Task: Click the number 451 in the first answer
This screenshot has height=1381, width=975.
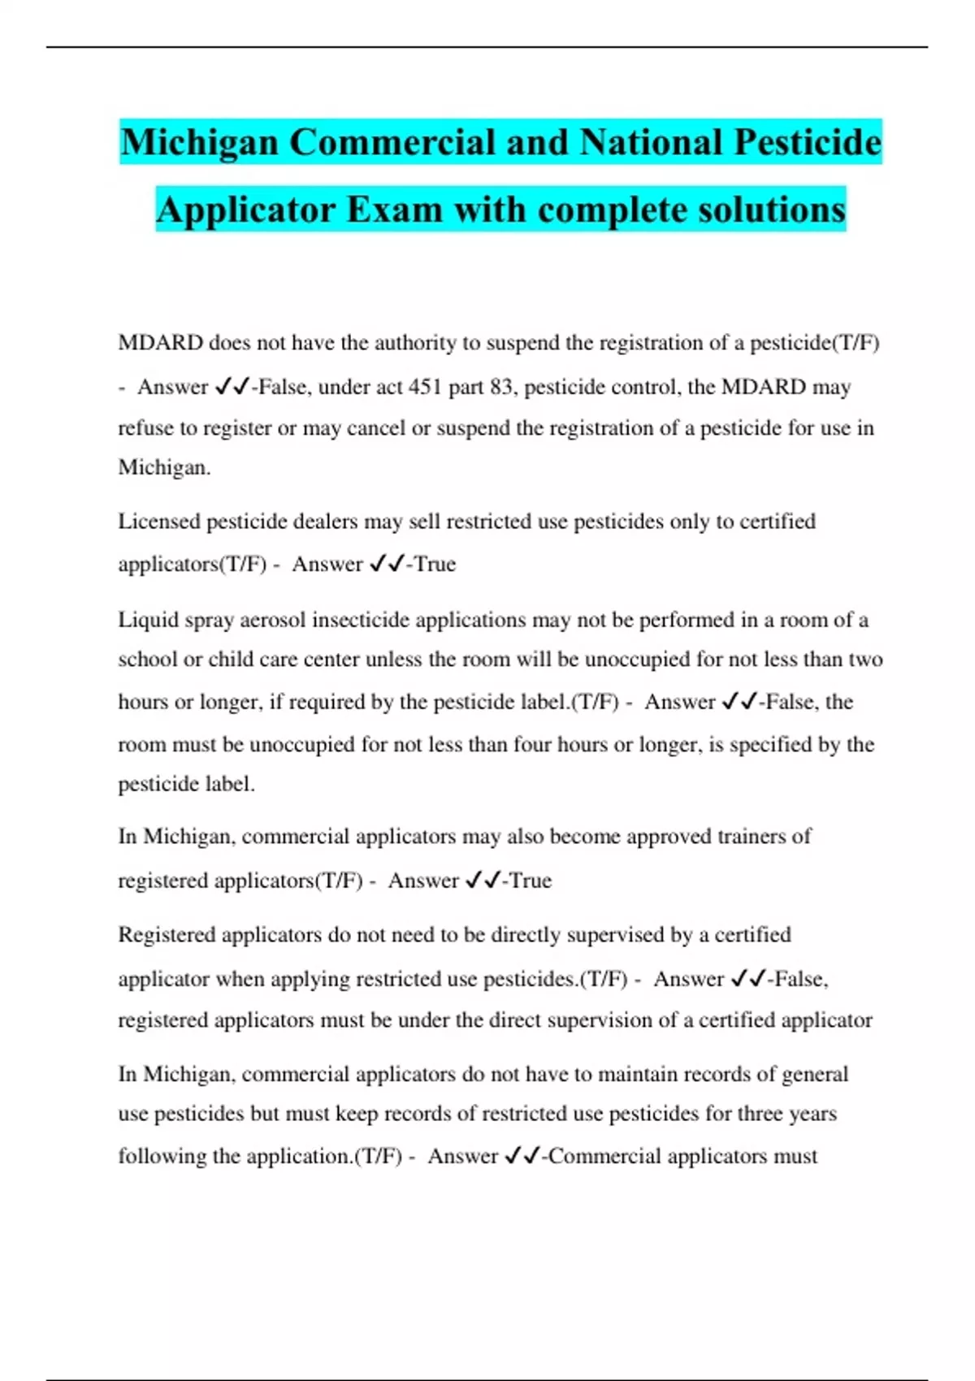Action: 425,387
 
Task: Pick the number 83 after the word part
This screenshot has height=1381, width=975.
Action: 500,387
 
